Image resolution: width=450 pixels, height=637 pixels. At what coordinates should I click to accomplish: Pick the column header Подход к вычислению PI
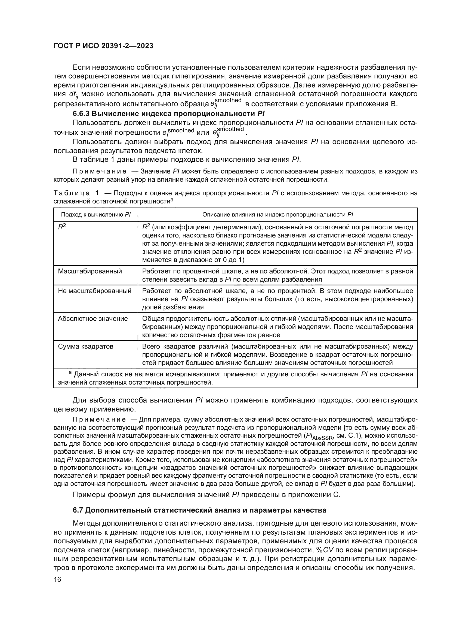tap(95, 214)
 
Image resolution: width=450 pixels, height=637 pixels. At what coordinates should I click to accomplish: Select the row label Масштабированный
tap(90, 271)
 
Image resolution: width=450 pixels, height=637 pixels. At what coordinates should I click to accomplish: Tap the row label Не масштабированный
tap(94, 291)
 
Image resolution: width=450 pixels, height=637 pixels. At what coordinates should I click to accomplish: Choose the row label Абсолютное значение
tap(93, 319)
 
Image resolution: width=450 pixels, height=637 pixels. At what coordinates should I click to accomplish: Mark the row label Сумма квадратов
tap(85, 346)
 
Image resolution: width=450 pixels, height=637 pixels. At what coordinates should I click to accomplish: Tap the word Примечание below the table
tap(99, 419)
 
